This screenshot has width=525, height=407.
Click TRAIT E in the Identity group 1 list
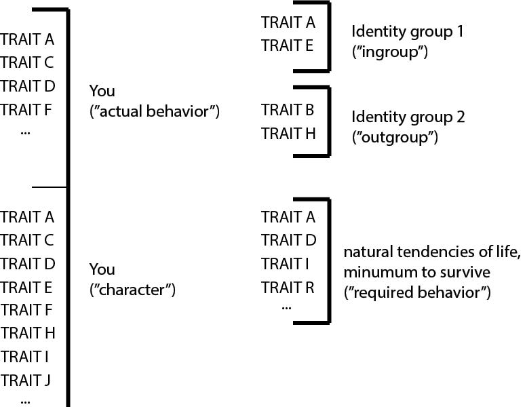(x=288, y=45)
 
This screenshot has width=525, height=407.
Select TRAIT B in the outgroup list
(x=288, y=110)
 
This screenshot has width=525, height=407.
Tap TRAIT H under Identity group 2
(x=288, y=133)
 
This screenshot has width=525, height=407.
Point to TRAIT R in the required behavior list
(x=288, y=287)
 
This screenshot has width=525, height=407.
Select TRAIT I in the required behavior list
(x=288, y=264)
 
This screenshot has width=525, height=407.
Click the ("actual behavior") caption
(x=155, y=111)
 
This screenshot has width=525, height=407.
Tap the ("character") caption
(x=132, y=290)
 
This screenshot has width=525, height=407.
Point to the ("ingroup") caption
(x=389, y=52)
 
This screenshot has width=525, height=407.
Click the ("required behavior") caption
(x=417, y=294)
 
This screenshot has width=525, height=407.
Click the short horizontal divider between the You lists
(x=49, y=187)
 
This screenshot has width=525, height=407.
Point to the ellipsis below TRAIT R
(x=286, y=307)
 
